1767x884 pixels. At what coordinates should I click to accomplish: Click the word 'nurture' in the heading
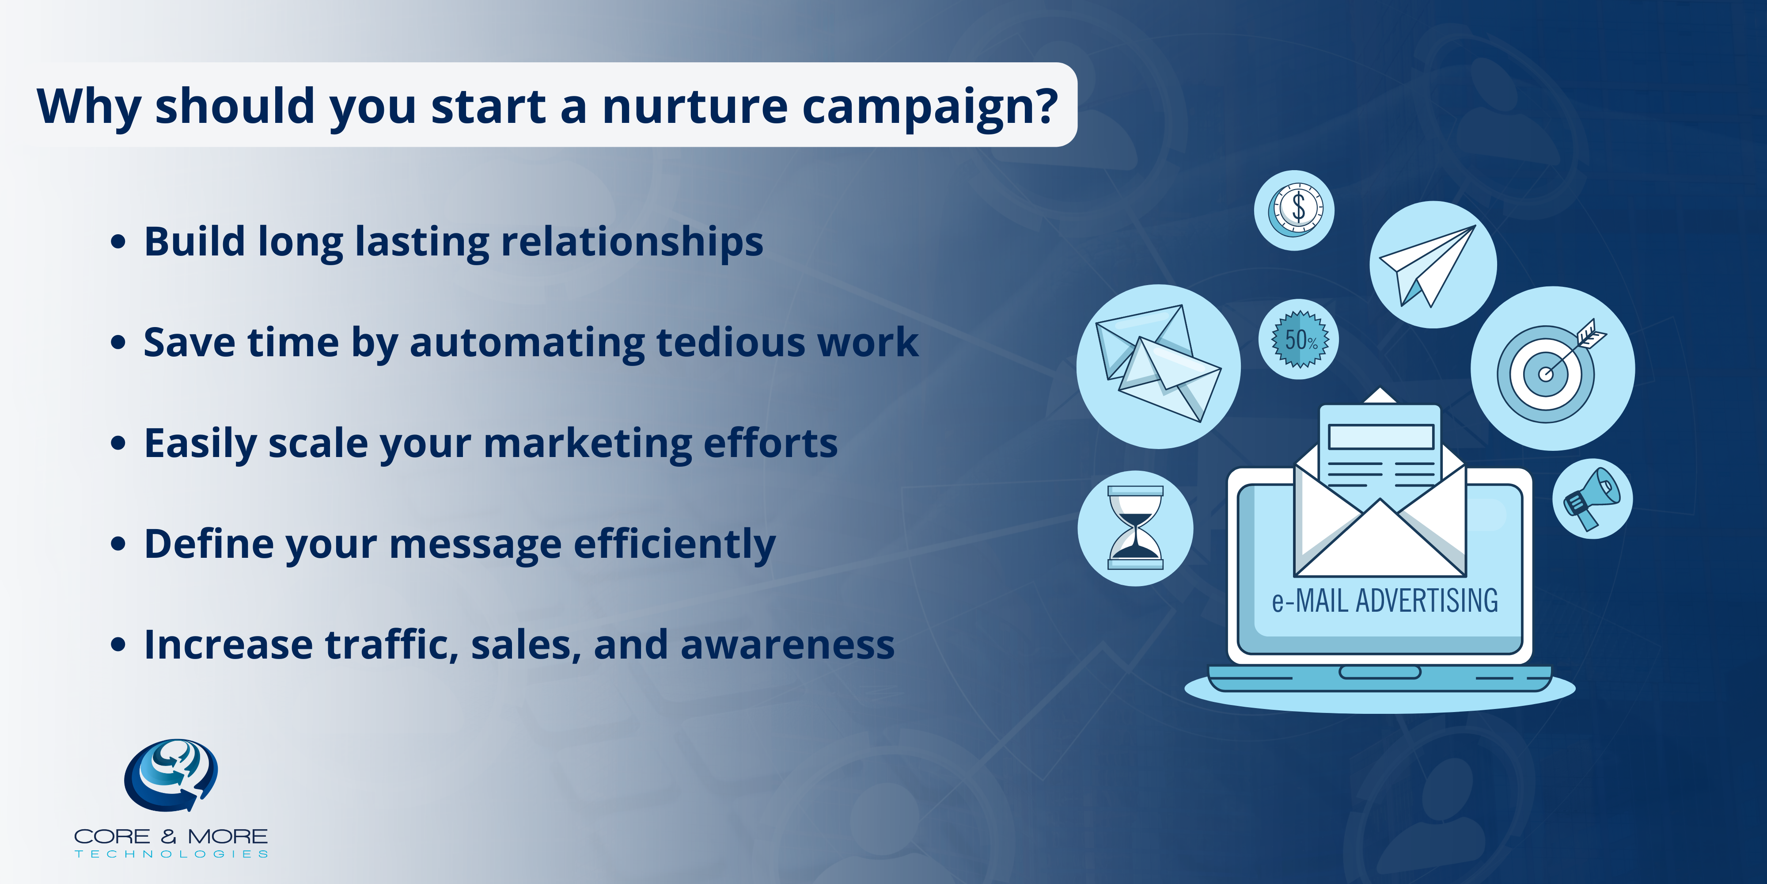coord(695,107)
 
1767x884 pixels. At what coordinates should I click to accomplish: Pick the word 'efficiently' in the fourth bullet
coord(674,544)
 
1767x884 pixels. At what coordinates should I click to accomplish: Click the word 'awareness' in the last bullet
coord(788,645)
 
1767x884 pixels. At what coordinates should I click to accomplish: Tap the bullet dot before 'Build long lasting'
coord(118,242)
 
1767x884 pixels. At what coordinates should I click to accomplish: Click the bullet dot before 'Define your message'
coord(118,544)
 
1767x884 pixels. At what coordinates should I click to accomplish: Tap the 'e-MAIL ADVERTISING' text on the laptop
coord(1384,601)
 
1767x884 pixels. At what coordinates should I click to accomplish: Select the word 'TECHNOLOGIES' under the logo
coord(171,854)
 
